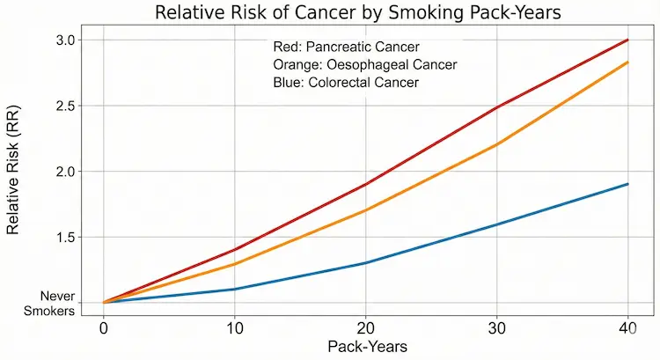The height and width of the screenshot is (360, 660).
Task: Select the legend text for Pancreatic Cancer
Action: (x=347, y=46)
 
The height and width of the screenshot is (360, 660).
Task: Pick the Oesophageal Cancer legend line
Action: (x=365, y=64)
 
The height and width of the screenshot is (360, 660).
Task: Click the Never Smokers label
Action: (x=52, y=304)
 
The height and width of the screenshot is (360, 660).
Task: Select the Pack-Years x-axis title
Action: (x=366, y=347)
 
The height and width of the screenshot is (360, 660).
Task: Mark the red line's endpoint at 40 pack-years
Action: (x=627, y=40)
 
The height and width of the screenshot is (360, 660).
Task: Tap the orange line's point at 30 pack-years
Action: (x=496, y=144)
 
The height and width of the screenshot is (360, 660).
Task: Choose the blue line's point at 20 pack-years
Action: (x=365, y=263)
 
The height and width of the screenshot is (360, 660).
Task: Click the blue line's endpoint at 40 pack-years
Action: (x=627, y=184)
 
